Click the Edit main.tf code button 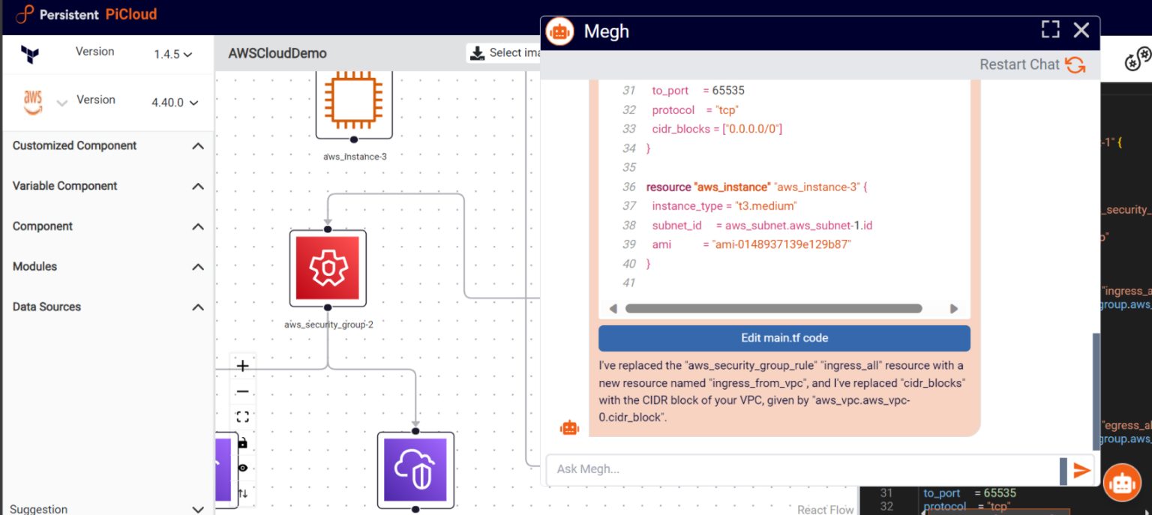coord(784,338)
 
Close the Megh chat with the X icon coord(1081,30)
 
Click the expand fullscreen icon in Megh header coord(1051,30)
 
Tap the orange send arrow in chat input coord(1081,470)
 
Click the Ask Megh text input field coord(799,469)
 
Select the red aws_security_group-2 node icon coord(328,268)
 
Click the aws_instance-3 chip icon coord(353,100)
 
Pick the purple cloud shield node coord(415,470)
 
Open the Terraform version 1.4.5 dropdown coord(173,55)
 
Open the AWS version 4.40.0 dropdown coord(175,103)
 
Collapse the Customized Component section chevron coord(198,146)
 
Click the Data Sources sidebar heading coord(46,307)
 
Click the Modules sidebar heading coord(34,266)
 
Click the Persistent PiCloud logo coord(87,14)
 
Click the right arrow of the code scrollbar coord(954,309)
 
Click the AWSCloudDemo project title coord(277,54)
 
